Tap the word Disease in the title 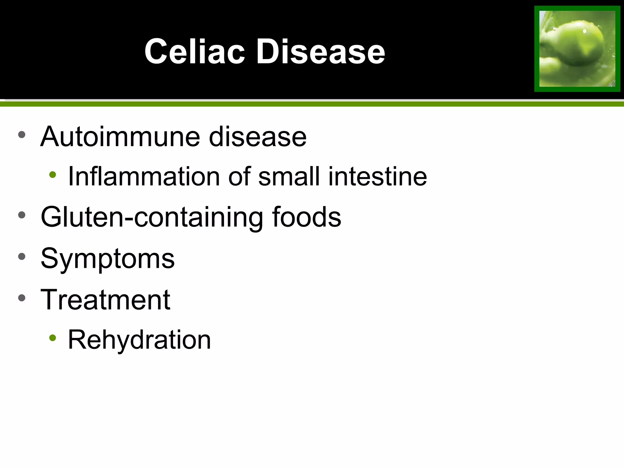pyautogui.click(x=321, y=52)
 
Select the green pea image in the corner pyautogui.click(x=577, y=49)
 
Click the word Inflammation pyautogui.click(x=144, y=176)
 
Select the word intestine pyautogui.click(x=378, y=176)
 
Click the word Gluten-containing pyautogui.click(x=151, y=217)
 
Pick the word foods pyautogui.click(x=306, y=217)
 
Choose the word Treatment pyautogui.click(x=105, y=300)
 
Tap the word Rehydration pyautogui.click(x=139, y=340)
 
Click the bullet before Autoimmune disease pyautogui.click(x=22, y=135)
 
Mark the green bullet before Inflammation pyautogui.click(x=53, y=175)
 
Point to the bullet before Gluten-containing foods pyautogui.click(x=22, y=215)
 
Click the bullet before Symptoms pyautogui.click(x=22, y=256)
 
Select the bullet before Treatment pyautogui.click(x=22, y=297)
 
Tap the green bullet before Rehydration pyautogui.click(x=53, y=338)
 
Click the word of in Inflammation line pyautogui.click(x=239, y=176)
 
